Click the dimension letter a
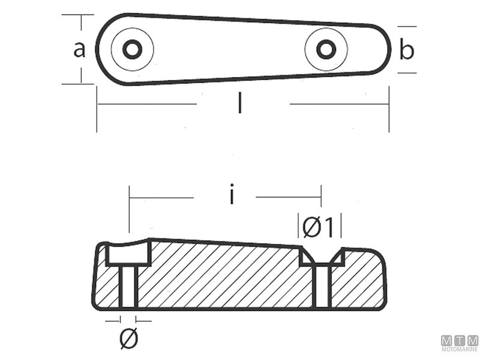pos(79,50)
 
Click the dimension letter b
pos(407,51)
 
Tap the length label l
pos(240,105)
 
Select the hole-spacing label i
pos(232,196)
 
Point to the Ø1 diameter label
pos(319,227)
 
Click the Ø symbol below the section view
pos(128,340)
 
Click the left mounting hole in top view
pos(132,49)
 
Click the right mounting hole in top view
pos(325,49)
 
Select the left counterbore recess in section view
pos(128,254)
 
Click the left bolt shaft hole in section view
pos(128,287)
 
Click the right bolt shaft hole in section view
pos(322,287)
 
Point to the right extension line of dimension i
pos(321,204)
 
